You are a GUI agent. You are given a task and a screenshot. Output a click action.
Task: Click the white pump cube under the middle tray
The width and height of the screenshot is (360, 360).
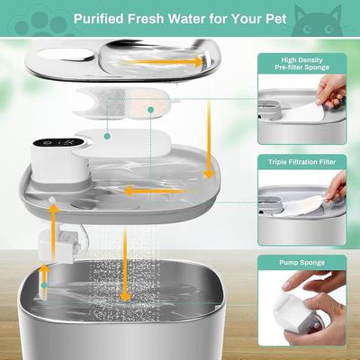coord(55,245)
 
